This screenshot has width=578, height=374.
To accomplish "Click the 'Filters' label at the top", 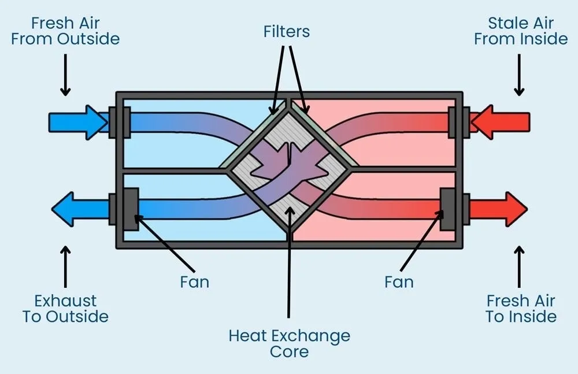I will [287, 31].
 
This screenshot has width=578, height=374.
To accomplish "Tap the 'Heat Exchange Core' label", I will [289, 343].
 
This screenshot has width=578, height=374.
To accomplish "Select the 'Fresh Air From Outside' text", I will [65, 31].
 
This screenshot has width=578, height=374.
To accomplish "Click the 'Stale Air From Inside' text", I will [521, 31].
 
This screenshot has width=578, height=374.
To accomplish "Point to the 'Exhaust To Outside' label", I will [65, 309].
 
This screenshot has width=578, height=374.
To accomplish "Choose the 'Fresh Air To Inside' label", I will [521, 309].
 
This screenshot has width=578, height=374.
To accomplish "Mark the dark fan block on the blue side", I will [131, 208].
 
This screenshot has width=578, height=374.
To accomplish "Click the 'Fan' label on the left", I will [194, 282].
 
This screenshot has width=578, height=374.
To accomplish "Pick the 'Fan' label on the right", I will [399, 282].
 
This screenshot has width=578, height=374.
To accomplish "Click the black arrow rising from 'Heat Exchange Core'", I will [289, 266].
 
